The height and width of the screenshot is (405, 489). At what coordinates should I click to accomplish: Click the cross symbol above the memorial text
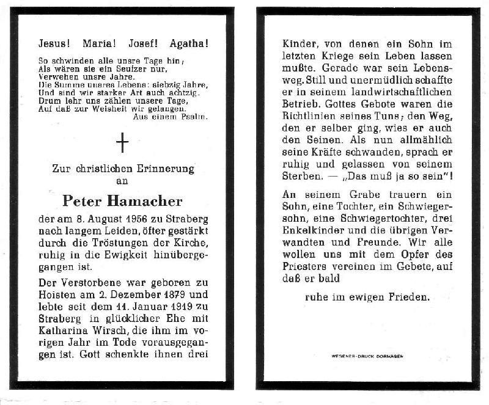coord(123,144)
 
